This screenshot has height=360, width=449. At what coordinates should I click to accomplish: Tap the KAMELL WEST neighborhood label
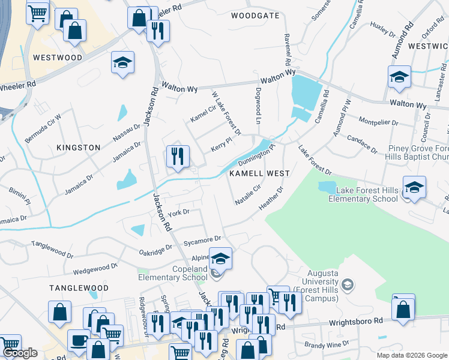pos(259,173)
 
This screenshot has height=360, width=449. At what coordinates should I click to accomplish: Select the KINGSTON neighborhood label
pos(78,147)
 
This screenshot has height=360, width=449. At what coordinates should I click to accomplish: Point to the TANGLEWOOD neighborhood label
pos(79,288)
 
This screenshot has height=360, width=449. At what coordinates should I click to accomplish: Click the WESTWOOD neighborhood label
pos(58,58)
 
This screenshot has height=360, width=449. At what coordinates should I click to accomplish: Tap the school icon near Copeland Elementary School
pos(220,259)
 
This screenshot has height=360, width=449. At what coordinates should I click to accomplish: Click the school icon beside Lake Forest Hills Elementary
pos(414,187)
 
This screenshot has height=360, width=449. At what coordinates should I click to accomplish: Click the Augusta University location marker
pos(348,284)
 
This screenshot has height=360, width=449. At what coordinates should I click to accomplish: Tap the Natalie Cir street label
pos(247,195)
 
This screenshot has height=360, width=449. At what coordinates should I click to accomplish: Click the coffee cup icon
pos(79,340)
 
